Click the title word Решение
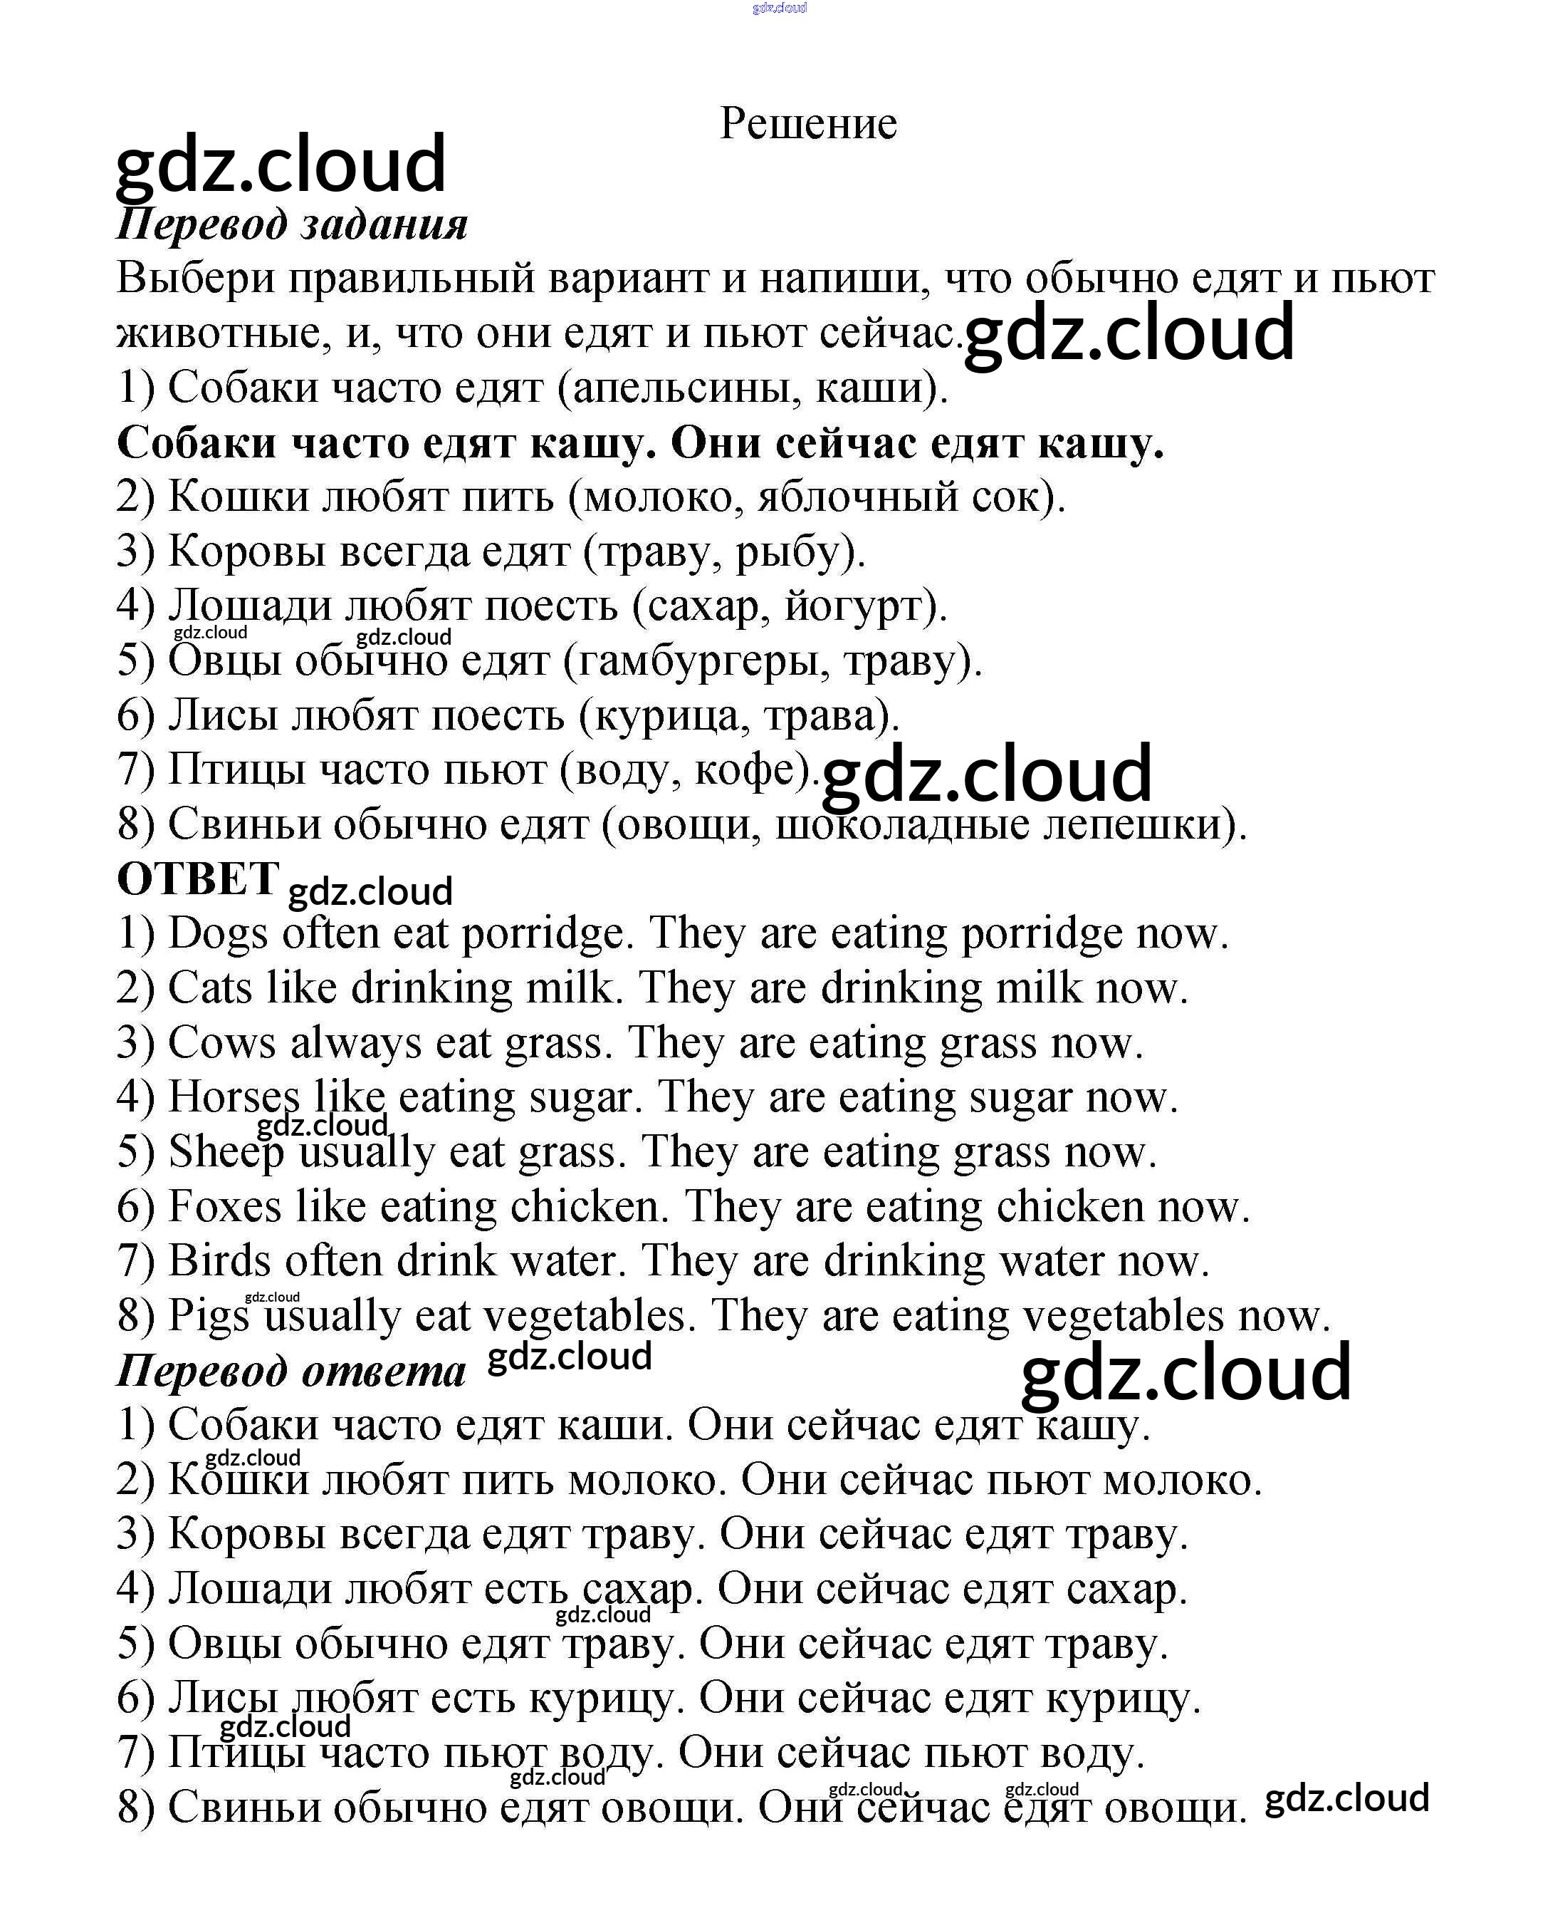(x=808, y=124)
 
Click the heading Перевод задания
(x=292, y=224)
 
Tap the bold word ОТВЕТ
(x=198, y=878)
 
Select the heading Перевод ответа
(x=291, y=1371)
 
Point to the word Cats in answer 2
(x=209, y=988)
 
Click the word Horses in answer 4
(x=234, y=1098)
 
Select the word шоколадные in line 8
(x=901, y=824)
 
